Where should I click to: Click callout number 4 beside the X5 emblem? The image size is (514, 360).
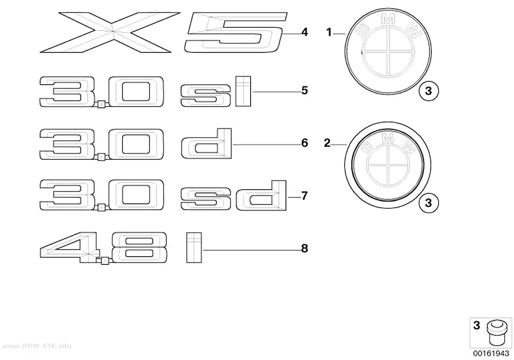point(304,32)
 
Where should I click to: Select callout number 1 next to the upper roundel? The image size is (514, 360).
point(329,32)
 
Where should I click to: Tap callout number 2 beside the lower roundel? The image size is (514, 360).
point(327,144)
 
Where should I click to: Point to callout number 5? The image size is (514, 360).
point(304,90)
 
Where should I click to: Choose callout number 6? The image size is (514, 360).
point(304,143)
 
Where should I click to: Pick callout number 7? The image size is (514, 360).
point(304,196)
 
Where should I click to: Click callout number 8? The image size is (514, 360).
point(304,248)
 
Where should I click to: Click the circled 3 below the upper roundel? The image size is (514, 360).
point(428,91)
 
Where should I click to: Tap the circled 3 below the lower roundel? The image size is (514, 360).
point(428,203)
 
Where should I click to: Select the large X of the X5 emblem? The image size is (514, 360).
point(110,32)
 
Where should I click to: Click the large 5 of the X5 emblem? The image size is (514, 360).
point(236,32)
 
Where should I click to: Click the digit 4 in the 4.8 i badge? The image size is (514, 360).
point(70,247)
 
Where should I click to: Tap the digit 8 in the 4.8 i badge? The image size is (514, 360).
point(140,247)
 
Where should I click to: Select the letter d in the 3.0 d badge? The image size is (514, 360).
point(207,144)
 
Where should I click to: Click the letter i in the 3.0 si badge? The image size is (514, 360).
point(243,92)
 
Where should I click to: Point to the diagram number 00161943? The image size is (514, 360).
point(491,354)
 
